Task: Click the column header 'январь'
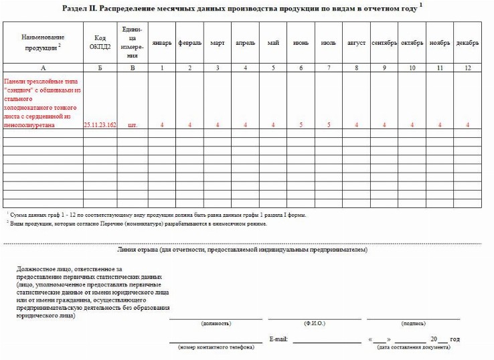tap(162, 43)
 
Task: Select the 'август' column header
tap(356, 43)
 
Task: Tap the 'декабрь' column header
tap(467, 43)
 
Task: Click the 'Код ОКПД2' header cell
tap(100, 43)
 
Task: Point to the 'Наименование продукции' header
tap(43, 43)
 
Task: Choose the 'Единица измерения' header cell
tap(132, 42)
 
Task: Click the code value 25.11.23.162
tap(100, 125)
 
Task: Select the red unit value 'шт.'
tap(132, 125)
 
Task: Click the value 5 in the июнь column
tap(301, 125)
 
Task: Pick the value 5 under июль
tap(329, 125)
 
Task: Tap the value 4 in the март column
tap(218, 125)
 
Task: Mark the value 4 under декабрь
tap(467, 125)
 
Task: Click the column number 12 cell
tap(467, 68)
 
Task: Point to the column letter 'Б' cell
tap(100, 68)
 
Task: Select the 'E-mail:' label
tap(278, 339)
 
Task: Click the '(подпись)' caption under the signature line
tap(413, 323)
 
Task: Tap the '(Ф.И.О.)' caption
tap(314, 323)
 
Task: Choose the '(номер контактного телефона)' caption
tap(216, 347)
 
